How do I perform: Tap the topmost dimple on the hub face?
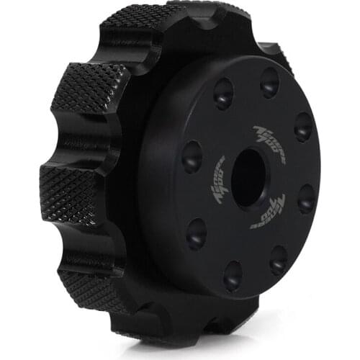point(269,81)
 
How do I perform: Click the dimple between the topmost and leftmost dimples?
point(222,93)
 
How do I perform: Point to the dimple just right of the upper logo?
point(303,127)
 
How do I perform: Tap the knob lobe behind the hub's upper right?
point(277,56)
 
